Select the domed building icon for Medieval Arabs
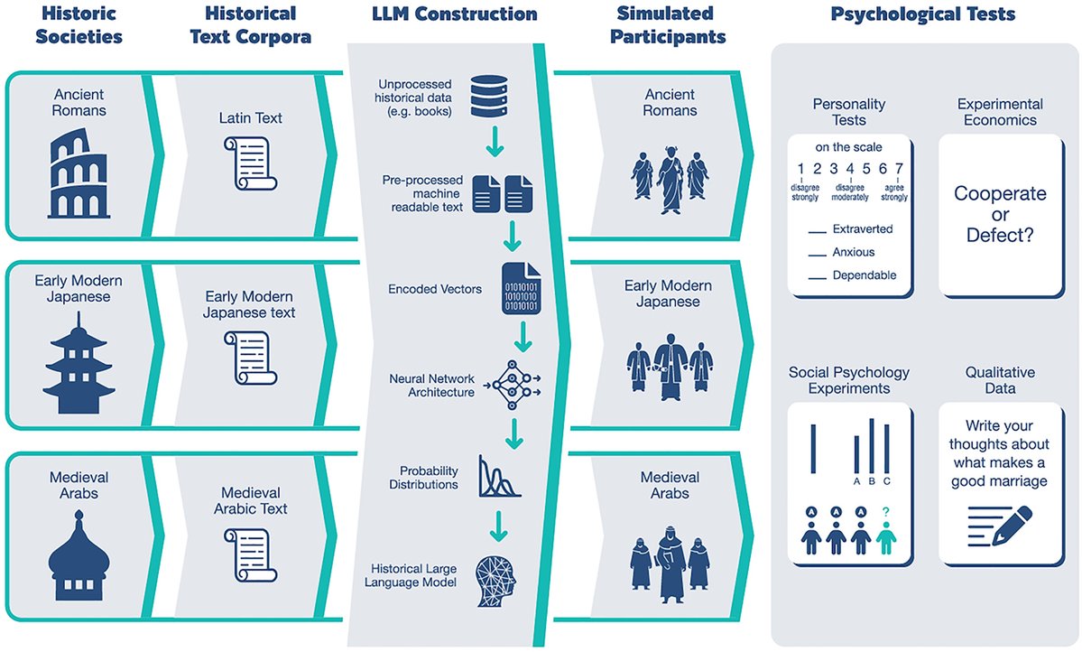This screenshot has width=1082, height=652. point(81,556)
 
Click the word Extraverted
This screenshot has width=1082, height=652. point(863,229)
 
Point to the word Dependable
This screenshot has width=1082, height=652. point(865,275)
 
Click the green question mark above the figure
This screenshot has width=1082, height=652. point(886,513)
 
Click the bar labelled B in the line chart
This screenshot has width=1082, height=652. point(872,444)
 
